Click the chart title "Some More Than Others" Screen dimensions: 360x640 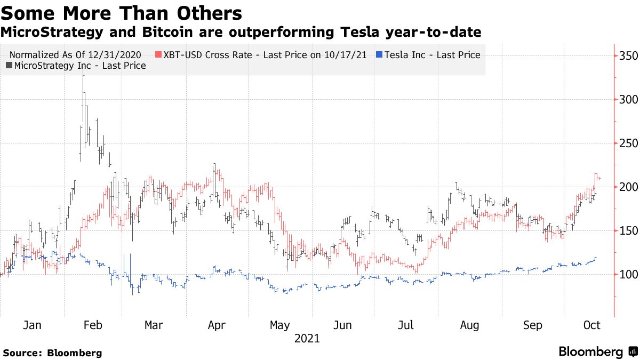[121, 13]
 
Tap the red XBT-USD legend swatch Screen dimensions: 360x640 [158, 55]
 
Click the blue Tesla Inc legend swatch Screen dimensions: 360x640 [379, 55]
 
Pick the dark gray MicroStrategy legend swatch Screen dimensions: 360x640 [9, 66]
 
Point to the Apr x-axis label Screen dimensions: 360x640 [217, 325]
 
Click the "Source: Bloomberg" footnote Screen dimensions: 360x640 [52, 353]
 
